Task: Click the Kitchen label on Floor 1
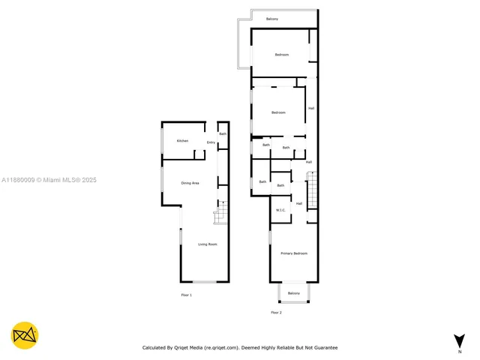182,141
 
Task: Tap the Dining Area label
190,183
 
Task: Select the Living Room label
207,244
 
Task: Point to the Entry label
211,142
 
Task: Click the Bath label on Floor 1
223,133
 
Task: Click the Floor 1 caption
187,295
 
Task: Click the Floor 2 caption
276,312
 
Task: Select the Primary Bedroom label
294,253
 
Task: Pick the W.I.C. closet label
280,210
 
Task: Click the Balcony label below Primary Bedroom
293,293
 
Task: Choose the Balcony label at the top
271,18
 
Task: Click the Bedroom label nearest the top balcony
281,55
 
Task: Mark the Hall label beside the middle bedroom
310,109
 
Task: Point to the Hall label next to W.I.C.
298,203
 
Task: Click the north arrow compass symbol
459,340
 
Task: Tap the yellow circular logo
25,335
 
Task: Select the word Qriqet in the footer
182,348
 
